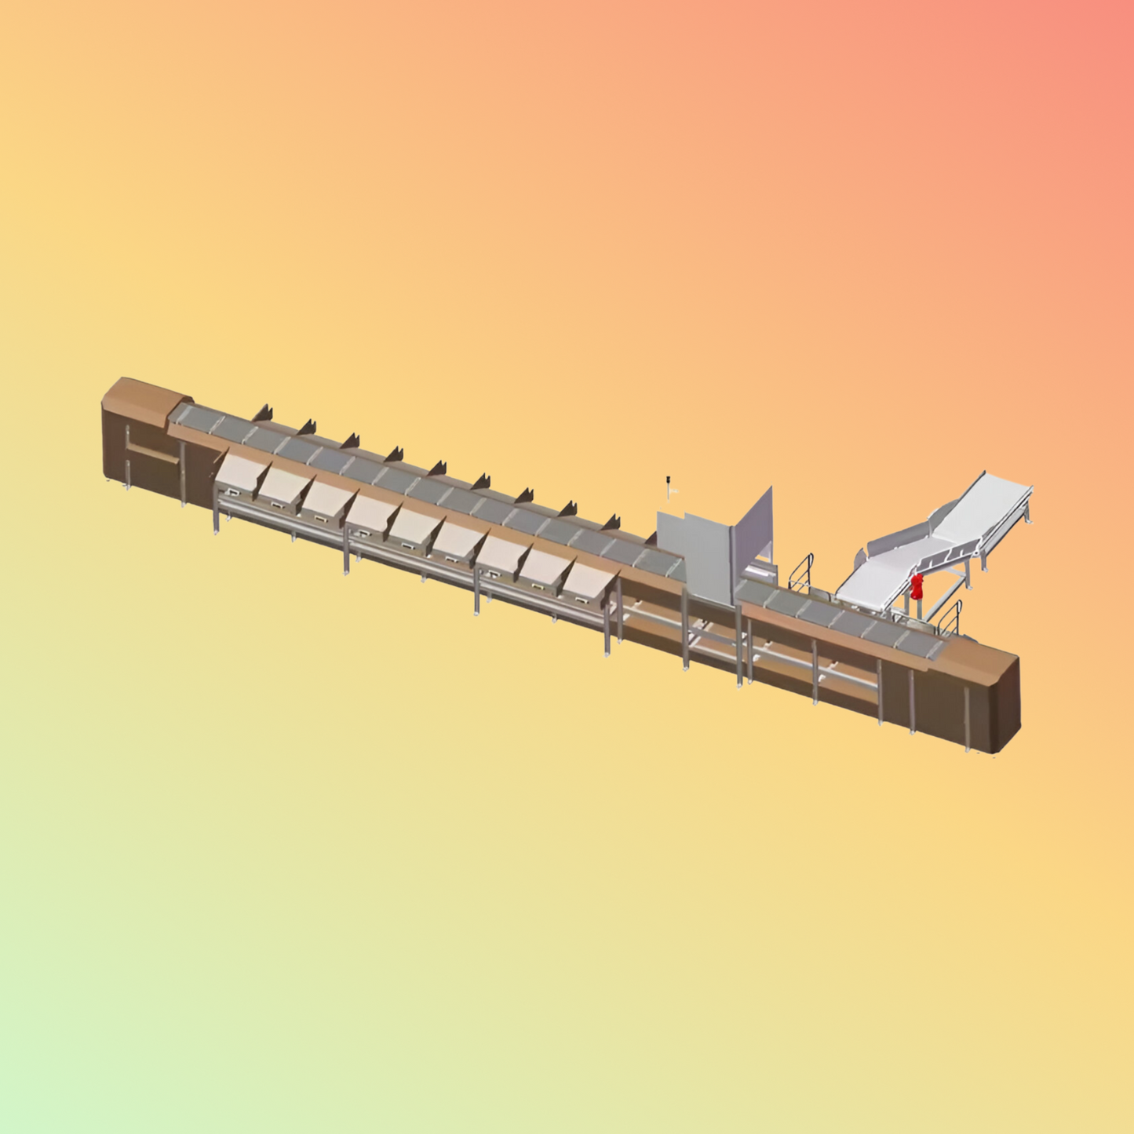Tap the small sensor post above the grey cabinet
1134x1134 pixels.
(669, 487)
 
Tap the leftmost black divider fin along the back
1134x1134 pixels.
(262, 413)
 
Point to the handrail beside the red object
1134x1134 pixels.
(952, 617)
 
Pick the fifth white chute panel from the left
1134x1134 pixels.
(414, 526)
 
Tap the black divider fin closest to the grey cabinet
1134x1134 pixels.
(611, 523)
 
